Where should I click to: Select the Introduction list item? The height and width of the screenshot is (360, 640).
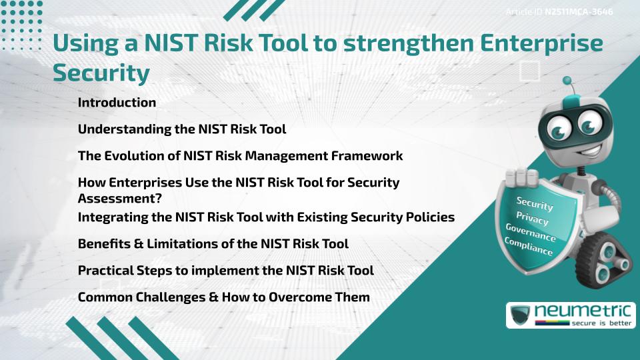(117, 103)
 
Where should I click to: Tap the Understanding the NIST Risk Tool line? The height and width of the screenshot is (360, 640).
(182, 129)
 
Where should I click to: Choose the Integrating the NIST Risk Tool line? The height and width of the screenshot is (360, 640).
(266, 217)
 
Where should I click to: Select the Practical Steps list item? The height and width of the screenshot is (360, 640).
(225, 271)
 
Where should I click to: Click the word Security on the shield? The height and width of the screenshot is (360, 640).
(535, 204)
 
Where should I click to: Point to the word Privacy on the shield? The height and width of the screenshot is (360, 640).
(532, 219)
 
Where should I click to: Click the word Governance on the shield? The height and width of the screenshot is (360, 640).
(530, 233)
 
